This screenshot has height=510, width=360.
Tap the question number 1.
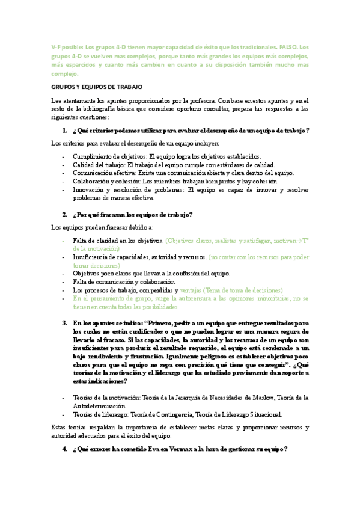pyautogui.click(x=65, y=131)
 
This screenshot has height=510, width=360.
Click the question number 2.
pyautogui.click(x=65, y=214)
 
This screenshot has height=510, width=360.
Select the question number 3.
pyautogui.click(x=65, y=323)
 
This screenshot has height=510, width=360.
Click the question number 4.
pyautogui.click(x=65, y=449)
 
